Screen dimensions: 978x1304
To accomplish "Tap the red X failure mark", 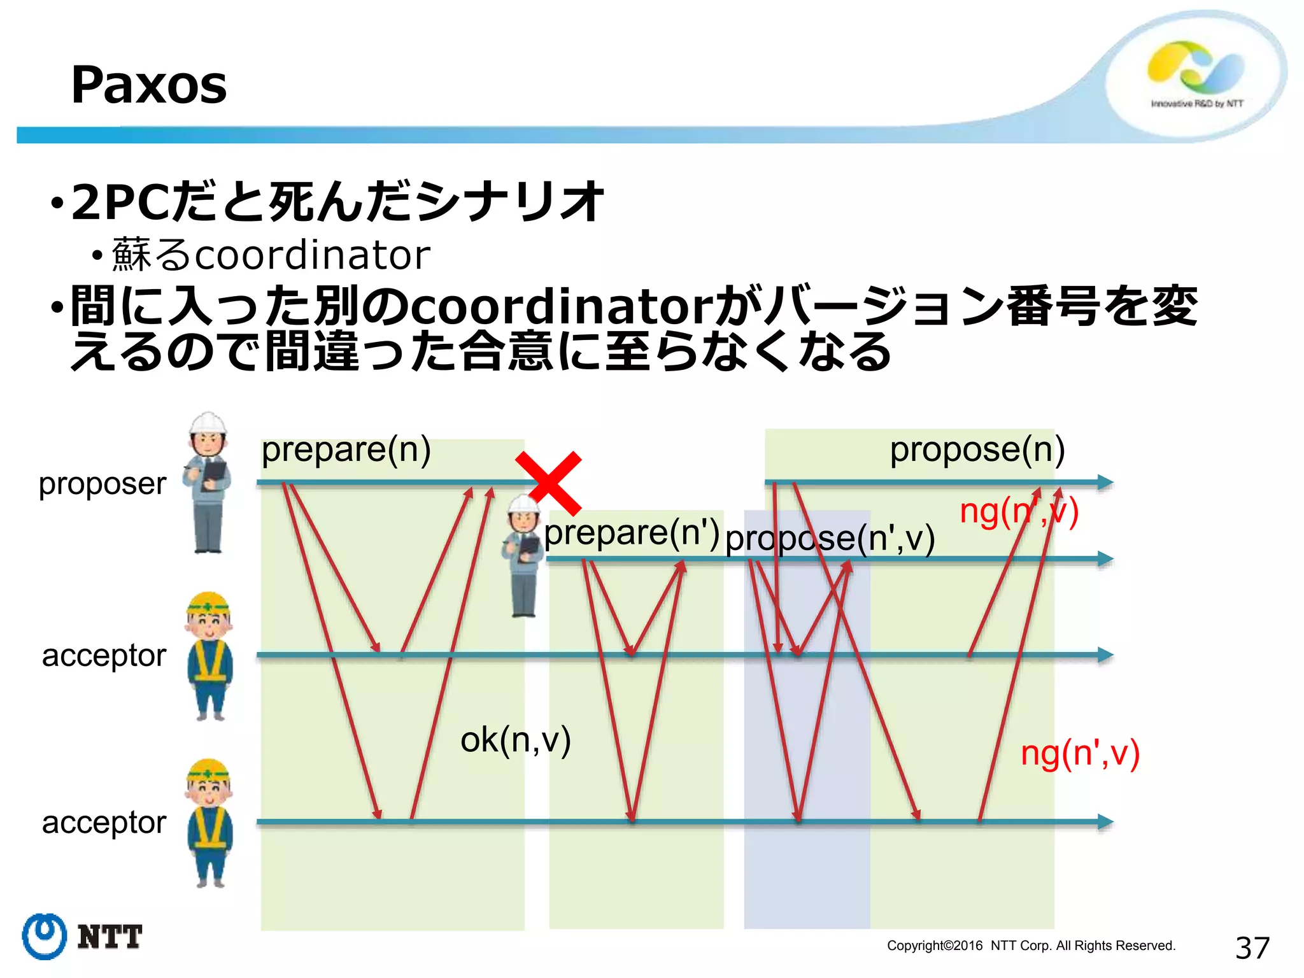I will pyautogui.click(x=549, y=483).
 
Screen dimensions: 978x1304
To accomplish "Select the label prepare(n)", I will pyautogui.click(x=346, y=450).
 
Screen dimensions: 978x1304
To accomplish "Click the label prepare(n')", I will pyautogui.click(x=632, y=532).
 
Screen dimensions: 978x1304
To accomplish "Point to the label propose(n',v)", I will pyautogui.click(x=830, y=539).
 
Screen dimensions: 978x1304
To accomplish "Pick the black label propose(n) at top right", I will pyautogui.click(x=977, y=450).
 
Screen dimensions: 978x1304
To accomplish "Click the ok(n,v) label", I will pyautogui.click(x=515, y=740).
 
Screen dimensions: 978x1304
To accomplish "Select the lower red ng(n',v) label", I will pyautogui.click(x=1080, y=753).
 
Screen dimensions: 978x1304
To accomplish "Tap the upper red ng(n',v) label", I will pyautogui.click(x=1019, y=511).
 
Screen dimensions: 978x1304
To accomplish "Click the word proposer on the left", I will pyautogui.click(x=103, y=484).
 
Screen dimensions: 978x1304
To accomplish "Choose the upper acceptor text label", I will pyautogui.click(x=104, y=655).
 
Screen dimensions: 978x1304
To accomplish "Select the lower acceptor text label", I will pyautogui.click(x=104, y=822).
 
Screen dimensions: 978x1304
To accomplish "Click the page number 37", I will pyautogui.click(x=1252, y=948).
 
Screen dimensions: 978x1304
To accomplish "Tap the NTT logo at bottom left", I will pyautogui.click(x=81, y=937).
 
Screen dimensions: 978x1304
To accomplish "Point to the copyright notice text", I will pyautogui.click(x=1031, y=946).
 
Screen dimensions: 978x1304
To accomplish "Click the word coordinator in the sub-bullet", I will pyautogui.click(x=312, y=255).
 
